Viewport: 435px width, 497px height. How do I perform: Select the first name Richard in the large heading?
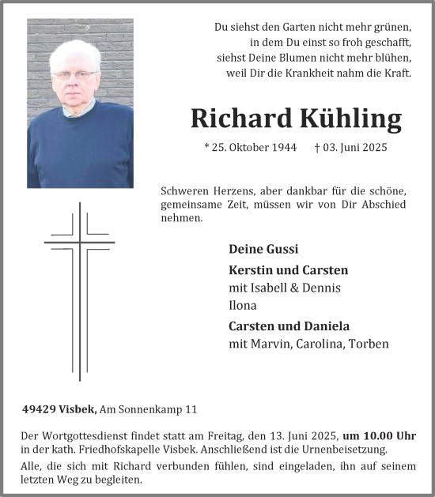point(241,118)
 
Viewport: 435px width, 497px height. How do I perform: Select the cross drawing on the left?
point(79,288)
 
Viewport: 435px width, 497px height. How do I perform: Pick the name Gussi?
point(282,249)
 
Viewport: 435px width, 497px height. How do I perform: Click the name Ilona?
point(243,305)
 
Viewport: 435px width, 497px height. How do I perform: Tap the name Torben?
point(370,344)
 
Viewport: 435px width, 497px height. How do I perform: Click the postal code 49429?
point(40,409)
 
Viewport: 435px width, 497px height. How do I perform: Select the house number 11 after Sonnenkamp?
point(191,409)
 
